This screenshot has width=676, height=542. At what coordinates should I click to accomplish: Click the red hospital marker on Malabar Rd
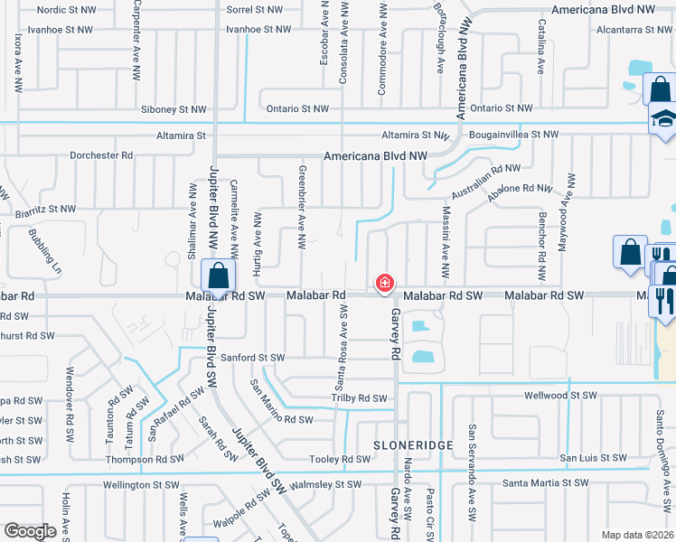(x=385, y=284)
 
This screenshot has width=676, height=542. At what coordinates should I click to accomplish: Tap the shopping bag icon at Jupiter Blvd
(x=218, y=276)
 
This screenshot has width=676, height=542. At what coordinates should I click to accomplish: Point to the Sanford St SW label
(x=253, y=358)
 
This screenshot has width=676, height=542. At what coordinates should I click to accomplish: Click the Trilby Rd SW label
(x=359, y=397)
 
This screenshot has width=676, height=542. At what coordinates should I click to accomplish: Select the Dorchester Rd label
(x=101, y=155)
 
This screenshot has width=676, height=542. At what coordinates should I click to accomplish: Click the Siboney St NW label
(x=174, y=109)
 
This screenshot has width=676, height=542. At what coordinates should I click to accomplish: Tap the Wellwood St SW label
(x=562, y=396)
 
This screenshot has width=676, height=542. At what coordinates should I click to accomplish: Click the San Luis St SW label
(x=592, y=459)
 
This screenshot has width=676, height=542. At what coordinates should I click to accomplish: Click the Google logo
(x=29, y=530)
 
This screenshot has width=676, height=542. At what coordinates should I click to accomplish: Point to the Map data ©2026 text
(x=637, y=535)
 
